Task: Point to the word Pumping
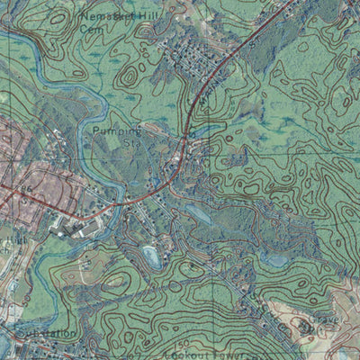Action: [x=117, y=130]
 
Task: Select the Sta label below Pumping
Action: [x=132, y=142]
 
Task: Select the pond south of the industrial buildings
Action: [x=151, y=258]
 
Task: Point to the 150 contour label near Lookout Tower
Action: [x=183, y=344]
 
